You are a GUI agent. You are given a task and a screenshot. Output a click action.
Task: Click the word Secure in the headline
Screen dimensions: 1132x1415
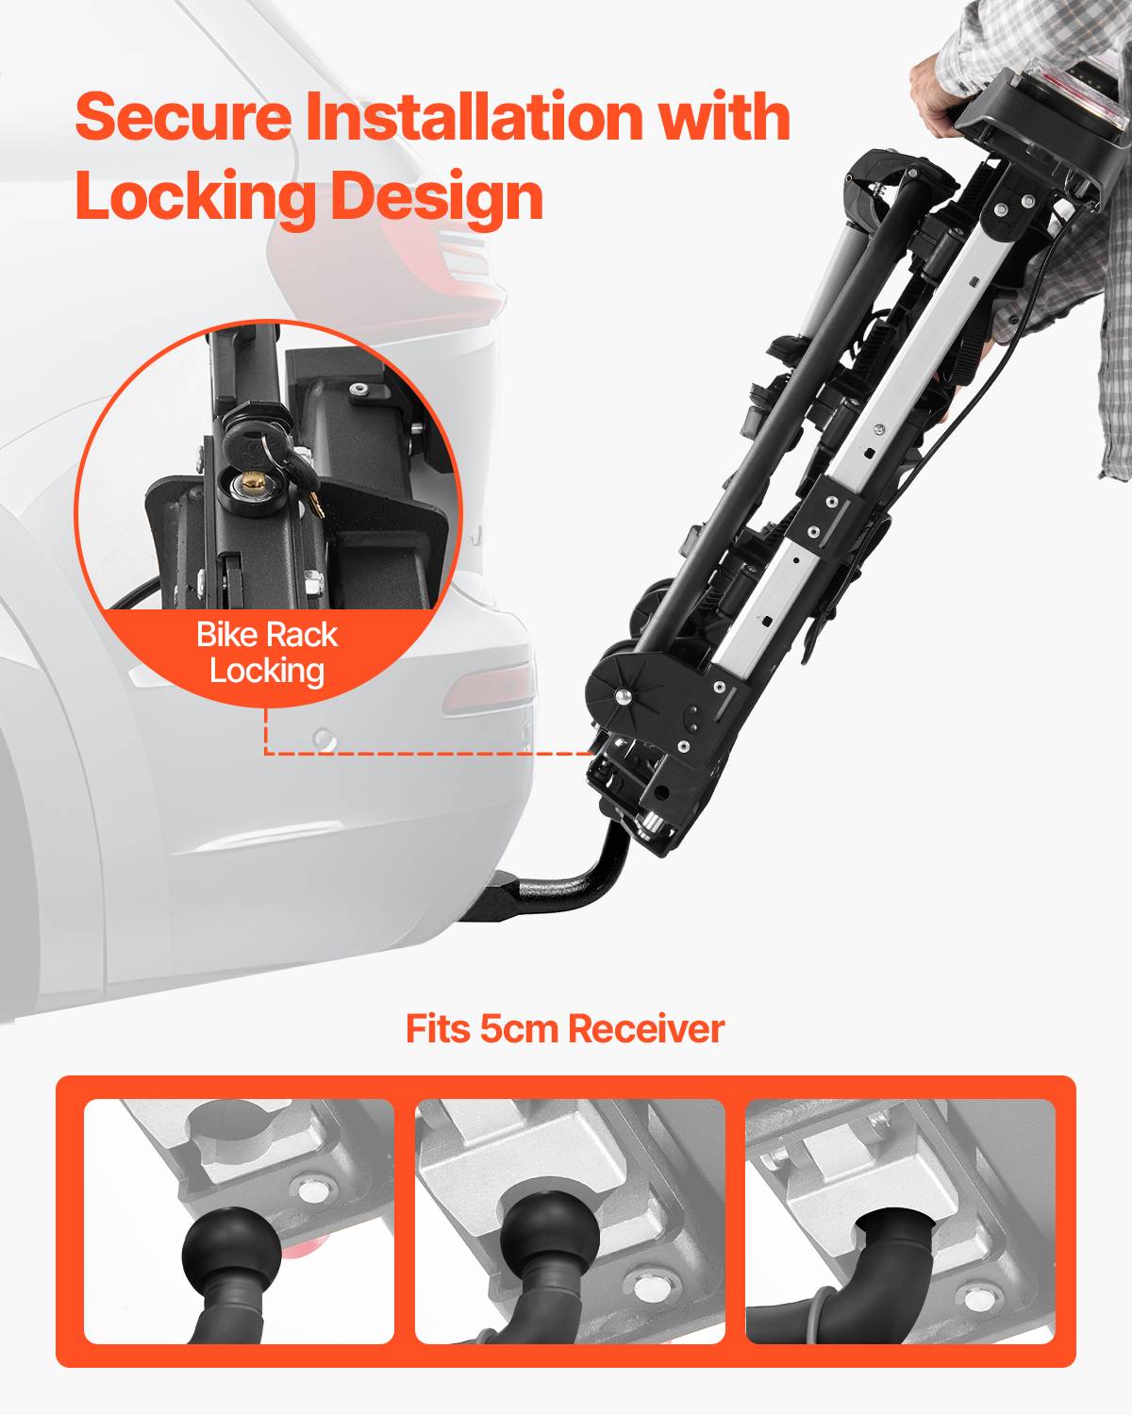(184, 116)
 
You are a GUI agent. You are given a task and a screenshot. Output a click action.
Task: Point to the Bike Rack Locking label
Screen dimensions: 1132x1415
(267, 653)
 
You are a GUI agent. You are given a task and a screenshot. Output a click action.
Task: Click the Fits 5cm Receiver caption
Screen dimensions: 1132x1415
(565, 1028)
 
